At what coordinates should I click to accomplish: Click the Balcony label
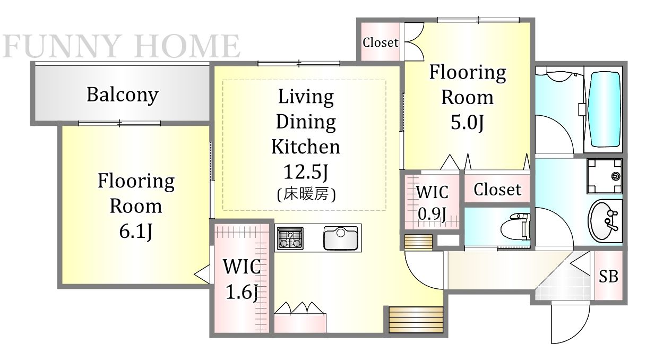(x=123, y=95)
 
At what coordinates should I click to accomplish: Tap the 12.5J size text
(x=306, y=172)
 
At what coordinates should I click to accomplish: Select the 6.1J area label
(x=136, y=232)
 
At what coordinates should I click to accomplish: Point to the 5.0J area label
(x=467, y=122)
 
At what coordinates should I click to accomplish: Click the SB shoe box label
(x=608, y=276)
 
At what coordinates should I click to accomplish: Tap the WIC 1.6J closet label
(x=242, y=279)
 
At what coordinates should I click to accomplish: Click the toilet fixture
(x=515, y=227)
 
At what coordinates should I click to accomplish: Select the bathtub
(x=605, y=109)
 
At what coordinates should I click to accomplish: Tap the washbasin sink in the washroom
(x=603, y=220)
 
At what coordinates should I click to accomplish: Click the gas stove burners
(x=290, y=238)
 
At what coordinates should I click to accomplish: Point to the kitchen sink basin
(x=341, y=238)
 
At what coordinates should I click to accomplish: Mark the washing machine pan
(x=605, y=176)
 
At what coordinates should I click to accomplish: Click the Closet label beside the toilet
(x=497, y=190)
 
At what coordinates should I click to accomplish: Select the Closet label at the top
(x=380, y=42)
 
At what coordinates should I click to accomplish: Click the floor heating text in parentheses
(x=306, y=194)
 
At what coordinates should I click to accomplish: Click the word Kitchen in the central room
(x=306, y=147)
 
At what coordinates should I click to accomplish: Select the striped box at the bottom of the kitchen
(x=416, y=320)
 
